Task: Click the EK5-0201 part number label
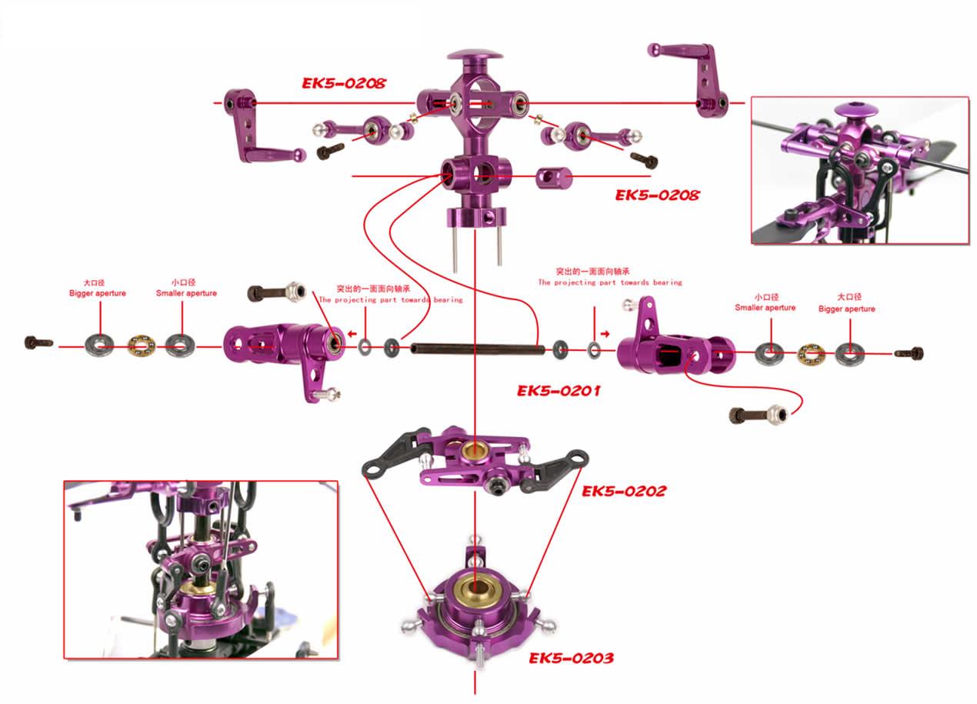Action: pos(559,391)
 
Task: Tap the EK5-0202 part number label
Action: pos(624,491)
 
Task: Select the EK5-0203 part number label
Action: pos(571,658)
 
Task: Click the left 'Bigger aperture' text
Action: pos(98,293)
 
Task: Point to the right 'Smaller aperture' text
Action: pos(765,308)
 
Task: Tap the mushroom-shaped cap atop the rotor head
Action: pos(475,58)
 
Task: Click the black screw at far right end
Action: pos(910,353)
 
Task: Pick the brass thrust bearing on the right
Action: pos(809,354)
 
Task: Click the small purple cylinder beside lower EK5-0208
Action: pos(554,179)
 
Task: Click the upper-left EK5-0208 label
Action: pos(343,83)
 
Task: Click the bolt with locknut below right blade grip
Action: pos(758,415)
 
